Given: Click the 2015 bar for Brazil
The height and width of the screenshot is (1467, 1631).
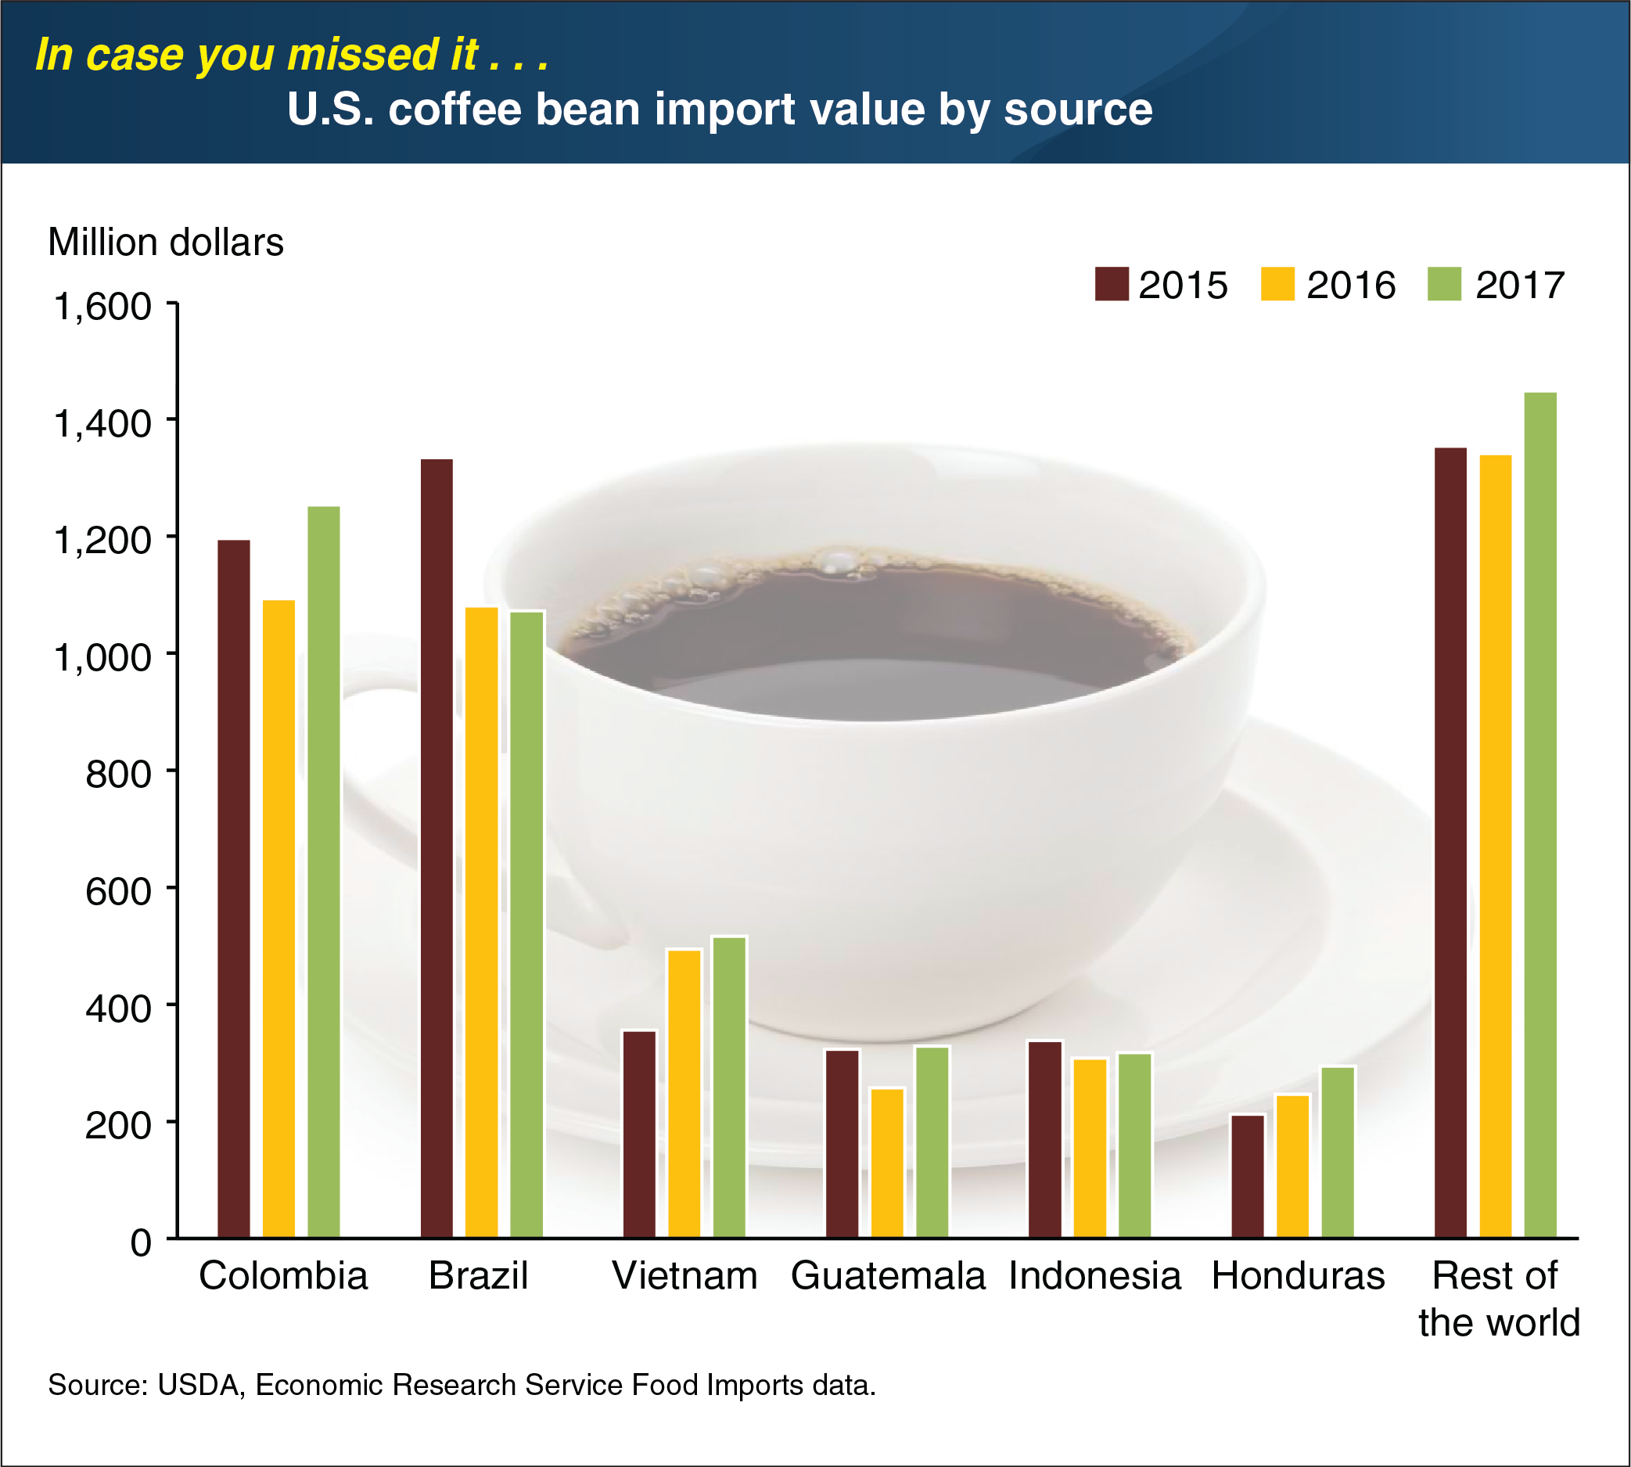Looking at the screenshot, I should (x=436, y=847).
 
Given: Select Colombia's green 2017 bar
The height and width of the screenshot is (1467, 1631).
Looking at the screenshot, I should (x=324, y=871).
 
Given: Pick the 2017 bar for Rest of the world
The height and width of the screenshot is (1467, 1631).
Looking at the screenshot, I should (x=1540, y=814).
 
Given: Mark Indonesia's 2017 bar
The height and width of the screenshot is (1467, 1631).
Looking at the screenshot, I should (x=1134, y=1145).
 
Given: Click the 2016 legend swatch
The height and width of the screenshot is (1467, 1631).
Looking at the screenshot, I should (x=1277, y=284).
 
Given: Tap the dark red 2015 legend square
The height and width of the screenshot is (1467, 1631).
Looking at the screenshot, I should (x=1112, y=284).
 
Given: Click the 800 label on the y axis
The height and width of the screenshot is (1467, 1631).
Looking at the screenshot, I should (x=118, y=775).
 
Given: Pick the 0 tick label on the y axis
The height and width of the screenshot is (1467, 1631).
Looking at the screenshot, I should (x=140, y=1243).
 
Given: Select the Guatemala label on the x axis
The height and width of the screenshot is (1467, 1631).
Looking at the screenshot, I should (x=888, y=1276).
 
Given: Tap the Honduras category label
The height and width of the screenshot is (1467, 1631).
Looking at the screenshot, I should (x=1298, y=1276).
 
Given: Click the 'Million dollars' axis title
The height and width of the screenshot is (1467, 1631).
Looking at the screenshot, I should (x=166, y=242).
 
